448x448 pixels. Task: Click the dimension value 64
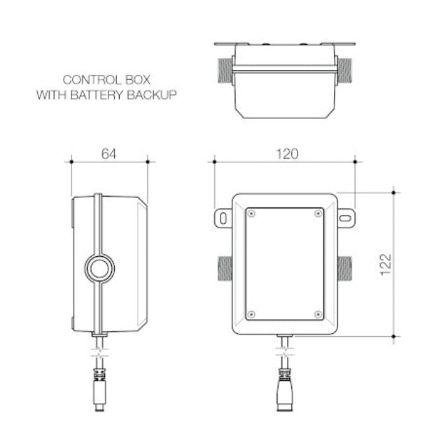109,154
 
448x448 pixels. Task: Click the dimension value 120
286,154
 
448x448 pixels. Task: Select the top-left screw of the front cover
251,213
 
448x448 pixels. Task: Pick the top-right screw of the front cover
318,213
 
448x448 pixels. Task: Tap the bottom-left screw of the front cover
251,314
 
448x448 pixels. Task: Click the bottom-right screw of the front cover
318,314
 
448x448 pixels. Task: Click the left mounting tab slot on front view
223,218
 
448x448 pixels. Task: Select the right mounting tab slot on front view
346,218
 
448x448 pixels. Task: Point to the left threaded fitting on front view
224,267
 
